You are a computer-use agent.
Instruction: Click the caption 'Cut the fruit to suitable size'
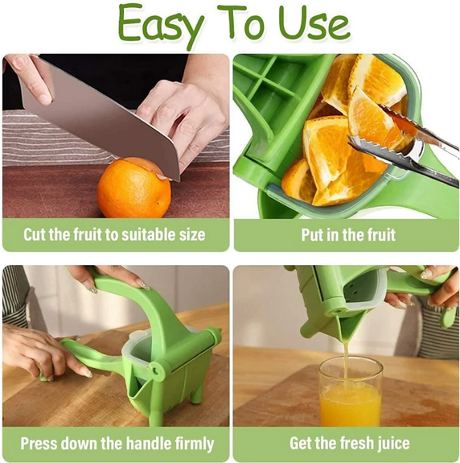click(x=114, y=235)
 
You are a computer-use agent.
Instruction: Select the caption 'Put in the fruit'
click(x=347, y=235)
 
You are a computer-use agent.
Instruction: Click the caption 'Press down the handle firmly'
click(x=117, y=444)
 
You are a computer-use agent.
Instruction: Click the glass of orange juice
click(x=350, y=395)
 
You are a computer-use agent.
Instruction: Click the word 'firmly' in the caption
click(x=190, y=444)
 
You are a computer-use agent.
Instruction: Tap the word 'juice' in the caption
click(x=390, y=444)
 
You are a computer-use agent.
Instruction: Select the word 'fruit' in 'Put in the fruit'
click(x=376, y=235)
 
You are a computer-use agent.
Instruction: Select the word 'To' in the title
click(x=241, y=24)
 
